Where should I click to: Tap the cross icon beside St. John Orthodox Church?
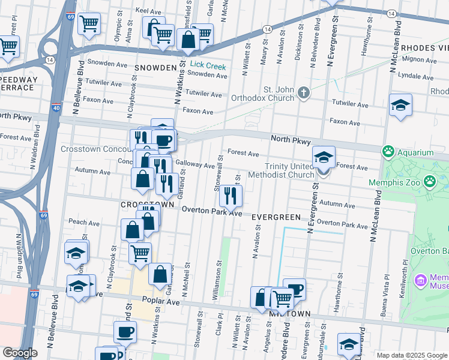(304, 92)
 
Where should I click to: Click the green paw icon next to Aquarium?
(388, 152)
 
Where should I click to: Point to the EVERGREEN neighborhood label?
(275, 216)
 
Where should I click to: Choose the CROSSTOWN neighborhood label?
(147, 205)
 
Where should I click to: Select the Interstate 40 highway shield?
(56, 108)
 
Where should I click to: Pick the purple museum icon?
(420, 279)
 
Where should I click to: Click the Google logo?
(20, 353)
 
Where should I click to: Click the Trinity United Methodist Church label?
(291, 170)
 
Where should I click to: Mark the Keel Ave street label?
(149, 11)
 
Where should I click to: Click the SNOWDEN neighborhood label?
(156, 67)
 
